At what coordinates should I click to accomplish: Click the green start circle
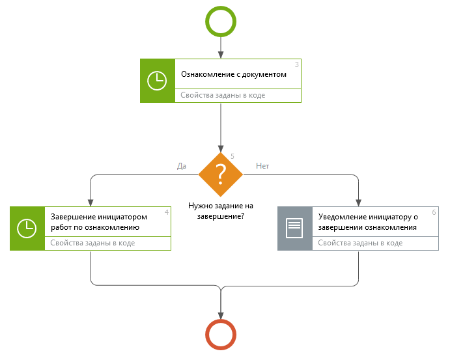click(x=221, y=21)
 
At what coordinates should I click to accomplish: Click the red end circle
click(x=221, y=335)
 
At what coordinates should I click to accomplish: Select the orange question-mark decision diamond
click(x=221, y=174)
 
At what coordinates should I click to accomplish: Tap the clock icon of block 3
click(x=158, y=81)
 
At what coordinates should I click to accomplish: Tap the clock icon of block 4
click(x=27, y=228)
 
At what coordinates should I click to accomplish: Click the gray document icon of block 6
click(x=295, y=228)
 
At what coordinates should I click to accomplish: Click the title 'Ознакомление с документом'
click(x=234, y=74)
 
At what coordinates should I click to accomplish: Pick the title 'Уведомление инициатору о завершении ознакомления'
click(x=367, y=222)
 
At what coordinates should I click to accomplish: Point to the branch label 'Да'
click(x=182, y=166)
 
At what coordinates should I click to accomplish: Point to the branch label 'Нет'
click(x=262, y=166)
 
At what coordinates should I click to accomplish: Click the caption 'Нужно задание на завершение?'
click(x=221, y=210)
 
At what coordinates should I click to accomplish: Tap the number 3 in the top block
click(x=297, y=64)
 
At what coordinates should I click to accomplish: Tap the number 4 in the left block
click(x=167, y=212)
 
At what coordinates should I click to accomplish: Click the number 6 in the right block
click(x=434, y=212)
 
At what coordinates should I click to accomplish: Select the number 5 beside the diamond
click(x=232, y=156)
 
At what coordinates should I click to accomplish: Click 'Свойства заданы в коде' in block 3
click(x=223, y=95)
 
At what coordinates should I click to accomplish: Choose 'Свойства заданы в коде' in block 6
click(x=360, y=243)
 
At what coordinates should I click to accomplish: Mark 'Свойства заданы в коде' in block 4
click(x=92, y=243)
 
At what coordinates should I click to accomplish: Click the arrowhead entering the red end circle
click(x=221, y=314)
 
